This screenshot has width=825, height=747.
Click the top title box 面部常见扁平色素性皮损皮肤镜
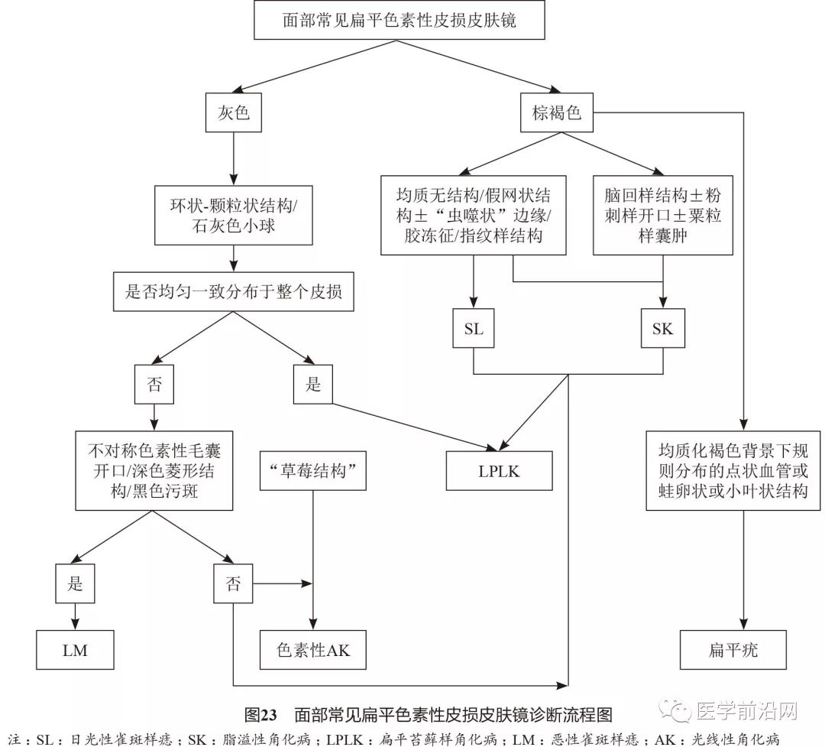(398, 21)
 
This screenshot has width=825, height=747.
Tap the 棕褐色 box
(556, 114)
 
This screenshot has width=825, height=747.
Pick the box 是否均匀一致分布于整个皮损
(234, 291)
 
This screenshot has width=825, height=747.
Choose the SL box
(474, 329)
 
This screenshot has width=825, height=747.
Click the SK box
(662, 329)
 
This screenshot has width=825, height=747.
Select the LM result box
(75, 650)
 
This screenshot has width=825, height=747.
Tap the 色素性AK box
(312, 650)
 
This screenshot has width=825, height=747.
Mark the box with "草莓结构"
(313, 471)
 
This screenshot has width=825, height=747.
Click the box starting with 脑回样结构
(662, 216)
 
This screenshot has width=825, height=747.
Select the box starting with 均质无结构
(473, 216)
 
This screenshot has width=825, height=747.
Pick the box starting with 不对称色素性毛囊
(154, 470)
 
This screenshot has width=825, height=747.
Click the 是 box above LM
(75, 585)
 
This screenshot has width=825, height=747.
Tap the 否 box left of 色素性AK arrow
(233, 585)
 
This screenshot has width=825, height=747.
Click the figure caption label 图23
(260, 715)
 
